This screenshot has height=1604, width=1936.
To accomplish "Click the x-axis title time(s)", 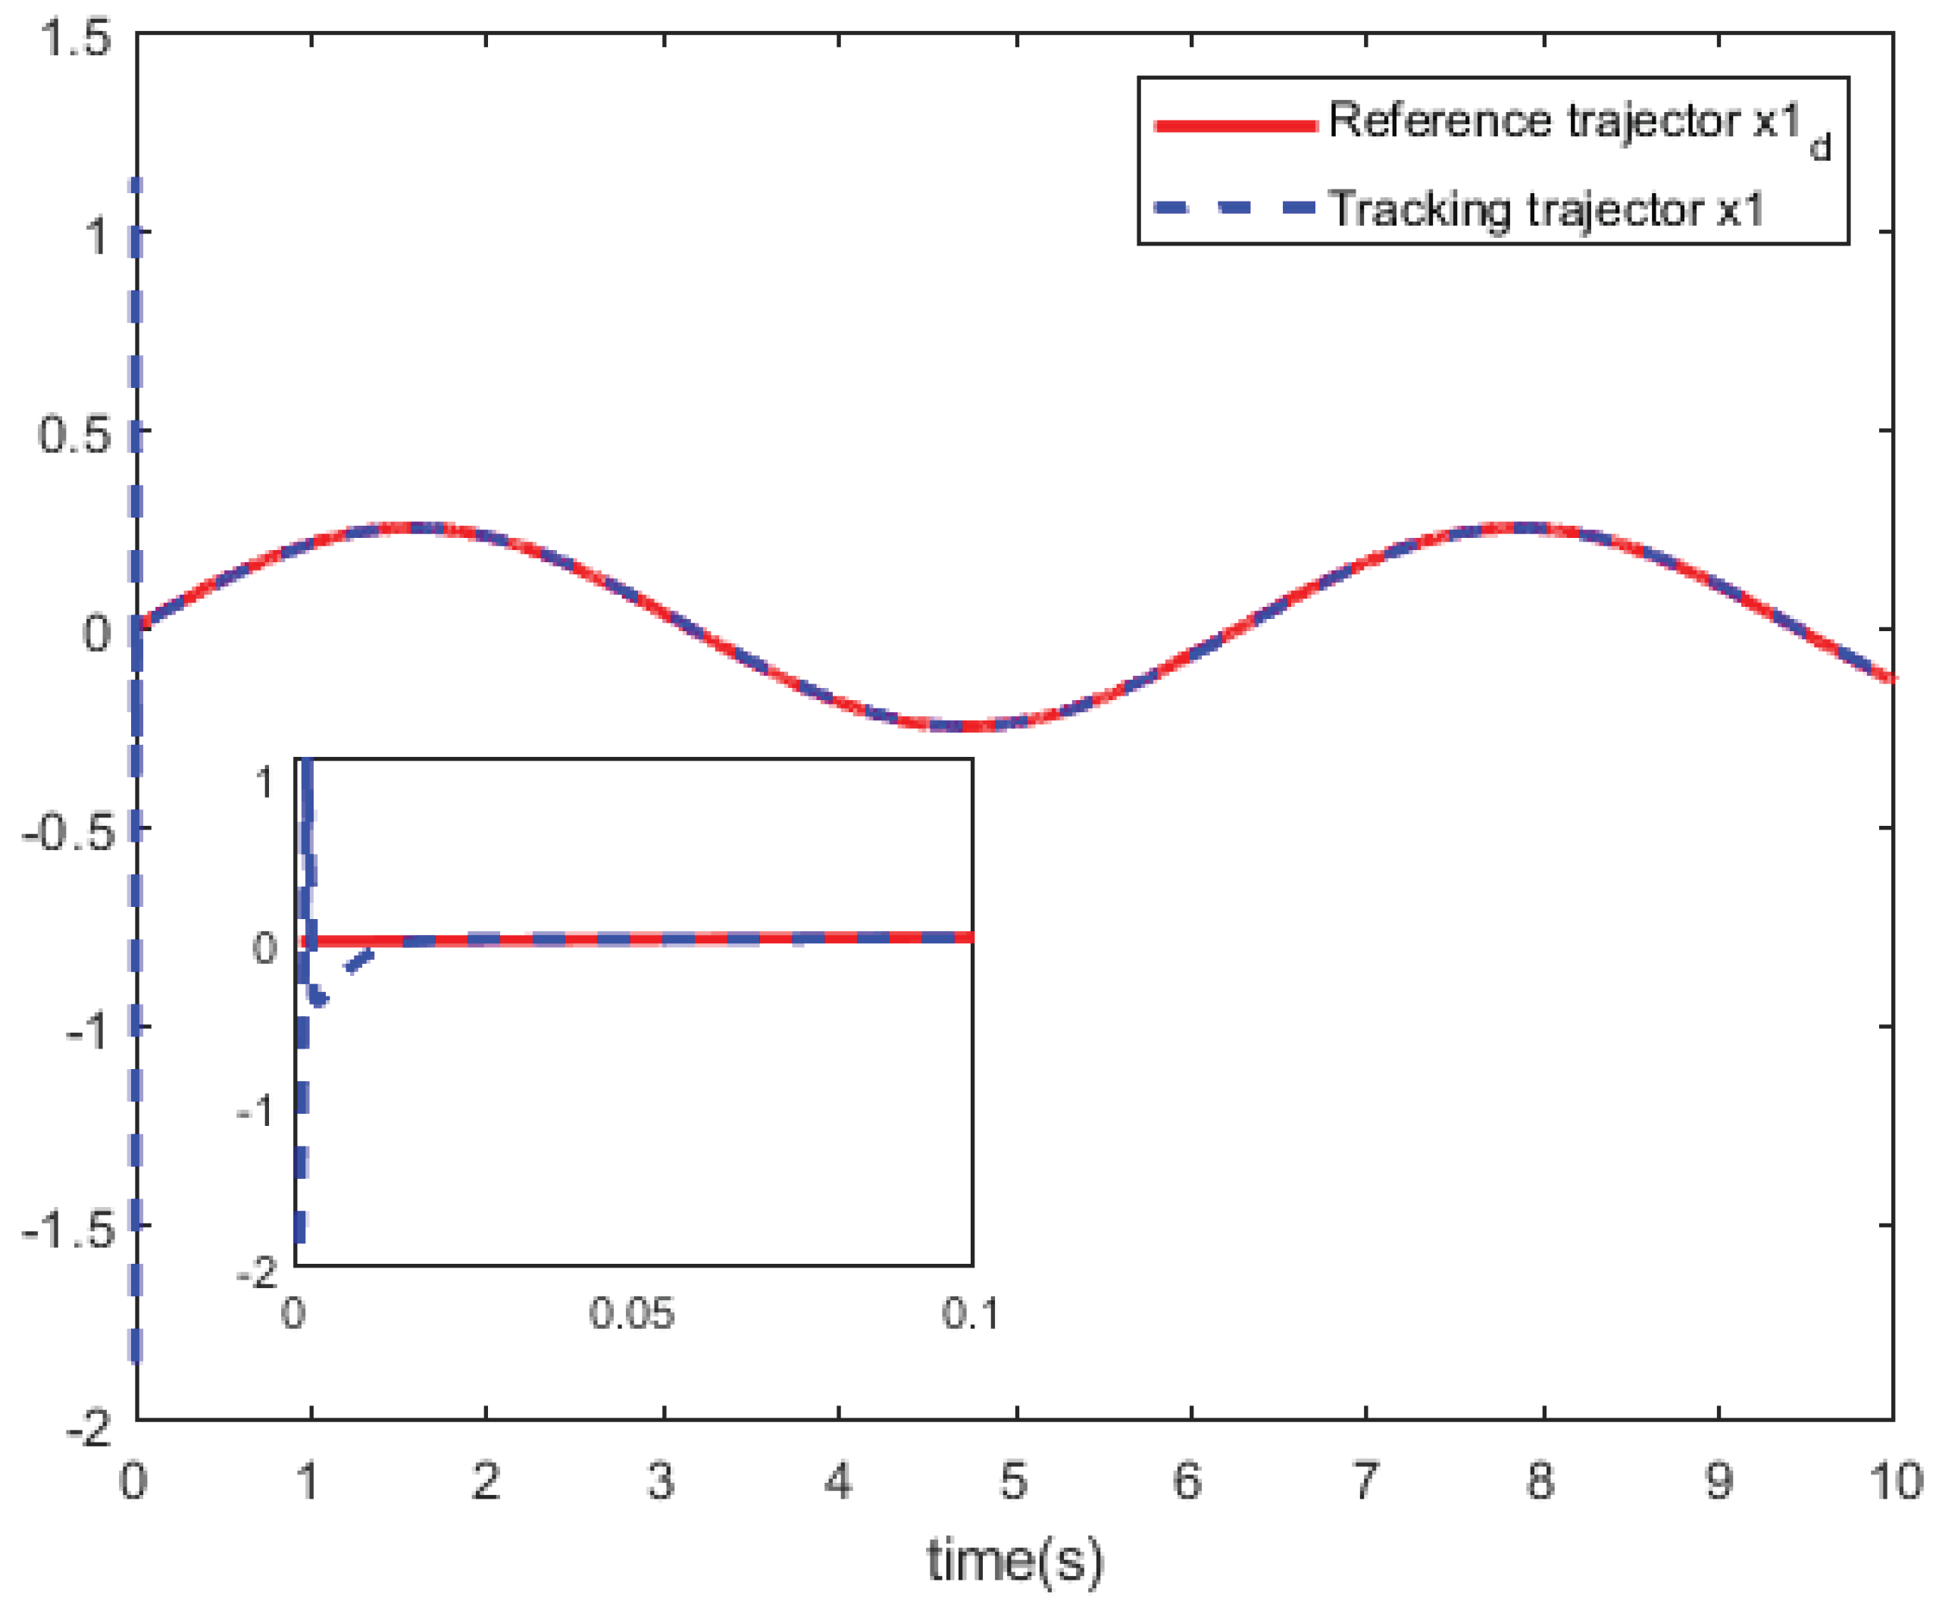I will click(1014, 1562).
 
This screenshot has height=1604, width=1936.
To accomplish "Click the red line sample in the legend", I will click(1235, 125).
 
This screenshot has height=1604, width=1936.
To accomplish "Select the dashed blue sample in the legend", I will click(1235, 208).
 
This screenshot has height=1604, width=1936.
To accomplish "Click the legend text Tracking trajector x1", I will click(1545, 209).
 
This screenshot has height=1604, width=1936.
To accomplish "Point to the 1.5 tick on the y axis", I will click(76, 39).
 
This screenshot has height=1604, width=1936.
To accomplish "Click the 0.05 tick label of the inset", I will click(631, 1314).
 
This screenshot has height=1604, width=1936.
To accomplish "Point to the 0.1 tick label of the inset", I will click(970, 1314).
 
